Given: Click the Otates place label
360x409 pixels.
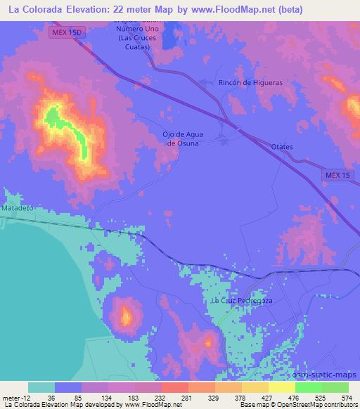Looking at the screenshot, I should coord(282,146).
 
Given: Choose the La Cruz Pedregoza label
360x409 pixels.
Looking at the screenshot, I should coord(242,301).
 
